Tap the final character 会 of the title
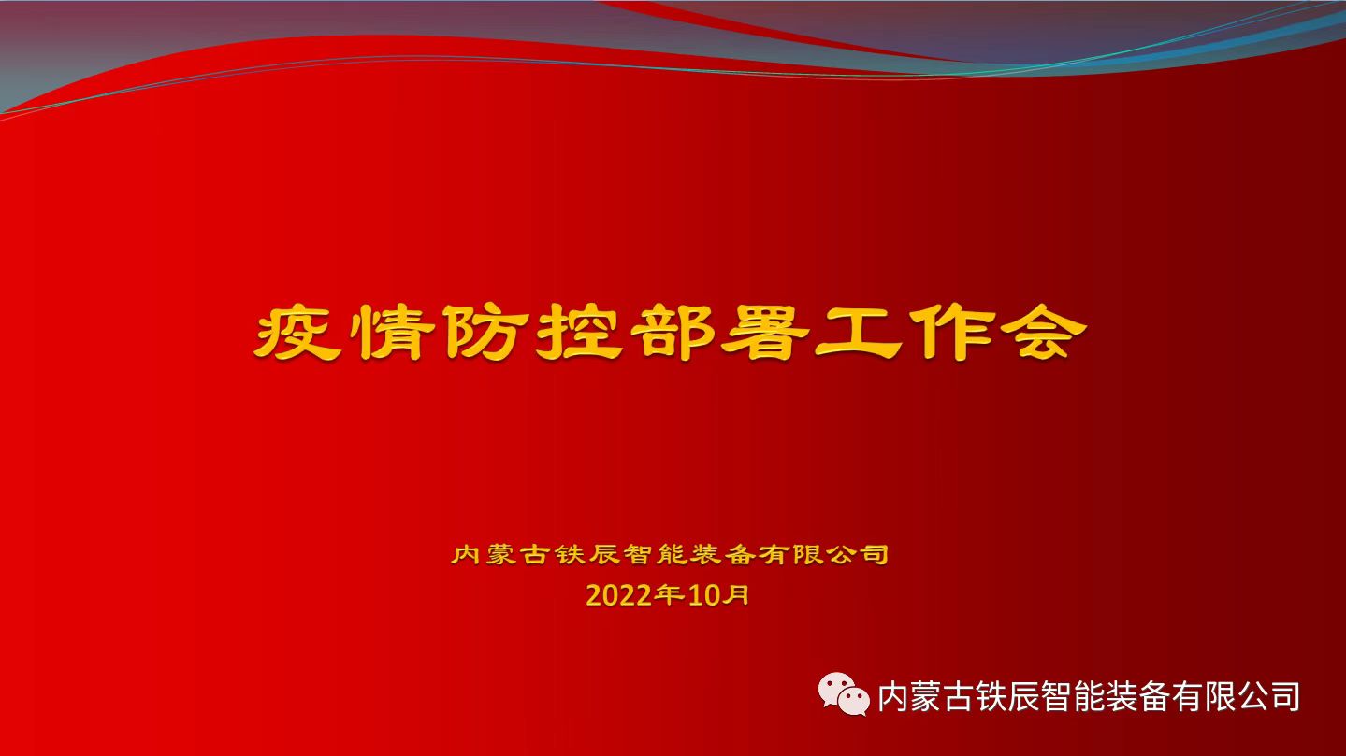point(1042,332)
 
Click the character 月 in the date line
point(738,594)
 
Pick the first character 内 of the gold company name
point(466,554)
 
